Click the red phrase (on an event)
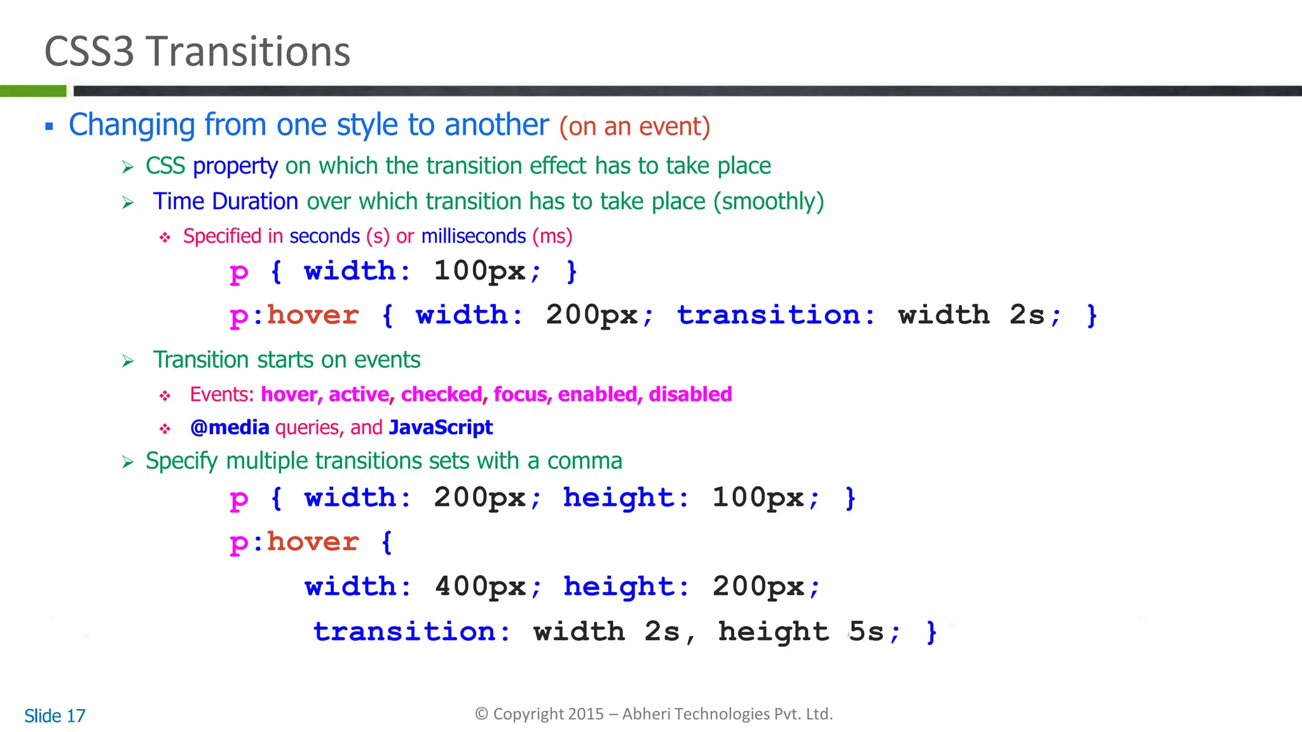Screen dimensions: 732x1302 click(x=634, y=126)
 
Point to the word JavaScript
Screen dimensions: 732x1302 click(x=441, y=428)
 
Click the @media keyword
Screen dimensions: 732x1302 click(x=230, y=428)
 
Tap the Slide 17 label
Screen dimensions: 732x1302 click(x=55, y=716)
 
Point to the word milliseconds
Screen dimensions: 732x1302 click(x=474, y=236)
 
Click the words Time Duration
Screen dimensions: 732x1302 click(x=226, y=201)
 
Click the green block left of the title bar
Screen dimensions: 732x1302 click(x=33, y=91)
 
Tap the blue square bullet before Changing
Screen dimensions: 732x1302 click(x=49, y=126)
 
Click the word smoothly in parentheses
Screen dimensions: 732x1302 click(x=769, y=201)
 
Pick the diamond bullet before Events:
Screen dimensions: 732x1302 click(x=165, y=396)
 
